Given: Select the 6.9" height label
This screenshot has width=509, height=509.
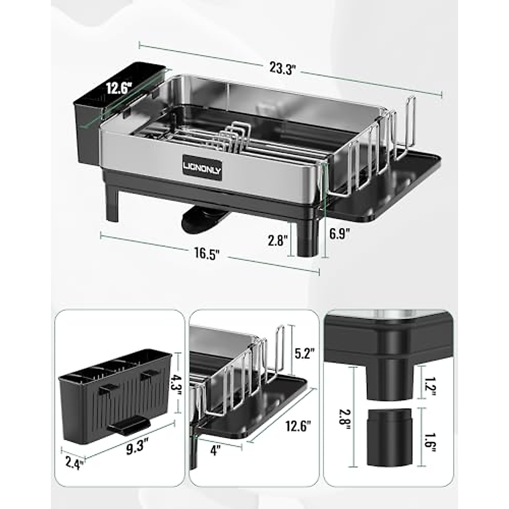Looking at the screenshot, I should pyautogui.click(x=339, y=234).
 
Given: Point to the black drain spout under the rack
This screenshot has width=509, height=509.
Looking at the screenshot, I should pyautogui.click(x=199, y=218).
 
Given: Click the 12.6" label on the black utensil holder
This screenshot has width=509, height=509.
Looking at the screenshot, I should pyautogui.click(x=120, y=88).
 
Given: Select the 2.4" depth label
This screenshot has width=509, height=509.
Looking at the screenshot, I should pyautogui.click(x=73, y=461).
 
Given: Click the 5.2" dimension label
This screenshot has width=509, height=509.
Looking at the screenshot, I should pyautogui.click(x=305, y=354).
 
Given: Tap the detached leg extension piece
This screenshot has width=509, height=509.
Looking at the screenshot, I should pyautogui.click(x=390, y=436).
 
